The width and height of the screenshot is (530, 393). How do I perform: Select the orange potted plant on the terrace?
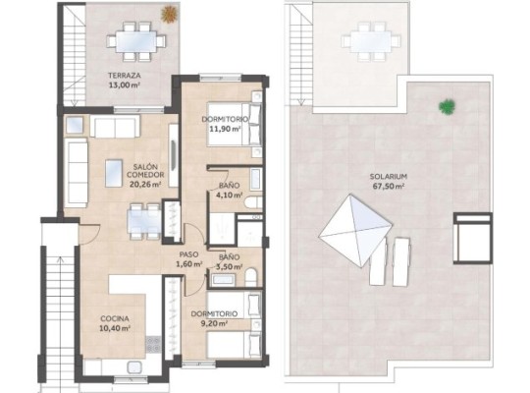click(x=170, y=15)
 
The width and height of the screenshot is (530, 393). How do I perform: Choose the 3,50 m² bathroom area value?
click(x=229, y=265)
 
